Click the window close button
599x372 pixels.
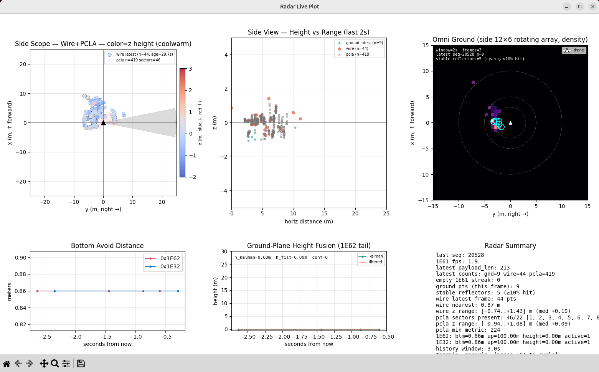(x=592, y=7)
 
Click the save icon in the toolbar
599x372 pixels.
(x=81, y=363)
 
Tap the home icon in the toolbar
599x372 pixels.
(x=7, y=363)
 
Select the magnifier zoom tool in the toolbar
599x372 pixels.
(x=55, y=363)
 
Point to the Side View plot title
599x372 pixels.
(x=309, y=32)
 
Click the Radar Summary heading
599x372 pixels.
(x=510, y=246)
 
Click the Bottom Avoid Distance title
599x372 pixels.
(x=107, y=246)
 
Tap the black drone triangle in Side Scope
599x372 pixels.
(x=103, y=123)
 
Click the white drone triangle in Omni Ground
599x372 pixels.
(x=510, y=123)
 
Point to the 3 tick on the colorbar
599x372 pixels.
(x=190, y=69)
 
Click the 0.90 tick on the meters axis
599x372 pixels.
(x=21, y=258)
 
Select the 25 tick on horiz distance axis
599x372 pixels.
(x=386, y=213)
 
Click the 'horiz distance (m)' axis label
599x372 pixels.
(x=309, y=222)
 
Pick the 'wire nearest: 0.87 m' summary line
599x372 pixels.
(x=468, y=305)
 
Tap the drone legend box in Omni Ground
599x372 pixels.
(x=574, y=50)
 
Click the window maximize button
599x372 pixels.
(x=580, y=7)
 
